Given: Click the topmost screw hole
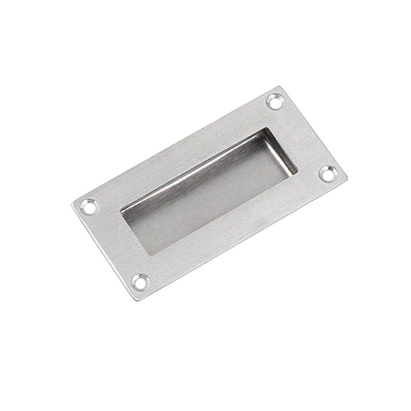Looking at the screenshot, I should pyautogui.click(x=275, y=101).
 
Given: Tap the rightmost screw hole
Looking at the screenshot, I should pyautogui.click(x=328, y=173).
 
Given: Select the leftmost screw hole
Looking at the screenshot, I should pyautogui.click(x=89, y=206).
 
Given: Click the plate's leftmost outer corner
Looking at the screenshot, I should pyautogui.click(x=72, y=204).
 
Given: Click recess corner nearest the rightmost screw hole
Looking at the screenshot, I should pyautogui.click(x=296, y=173).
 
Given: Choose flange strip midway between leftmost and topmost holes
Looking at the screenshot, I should pyautogui.click(x=182, y=153).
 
